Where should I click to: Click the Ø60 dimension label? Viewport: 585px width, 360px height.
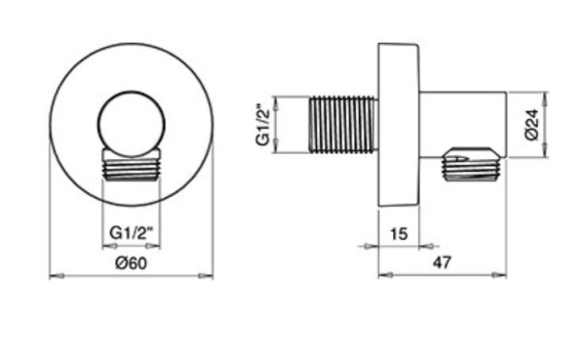(132, 263)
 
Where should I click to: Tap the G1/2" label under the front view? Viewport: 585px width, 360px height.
(132, 233)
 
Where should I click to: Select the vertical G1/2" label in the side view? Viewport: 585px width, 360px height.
(262, 124)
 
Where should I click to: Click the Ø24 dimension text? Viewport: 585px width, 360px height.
(532, 124)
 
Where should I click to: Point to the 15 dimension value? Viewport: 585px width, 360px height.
(399, 234)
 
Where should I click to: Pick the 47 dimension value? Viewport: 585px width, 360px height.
(442, 262)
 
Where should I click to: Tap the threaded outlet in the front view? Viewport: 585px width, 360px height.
(132, 165)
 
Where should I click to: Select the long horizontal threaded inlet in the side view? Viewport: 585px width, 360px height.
(343, 125)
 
